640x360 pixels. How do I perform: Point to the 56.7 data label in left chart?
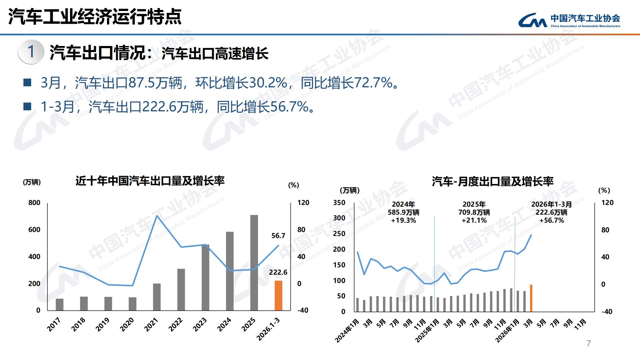coord(278,236)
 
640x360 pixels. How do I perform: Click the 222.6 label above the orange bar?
coord(278,272)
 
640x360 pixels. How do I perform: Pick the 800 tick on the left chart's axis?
coord(34,203)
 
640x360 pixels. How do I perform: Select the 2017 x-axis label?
coord(54,324)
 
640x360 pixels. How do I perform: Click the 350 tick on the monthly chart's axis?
coord(339,203)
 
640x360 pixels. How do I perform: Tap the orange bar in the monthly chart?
coord(531,298)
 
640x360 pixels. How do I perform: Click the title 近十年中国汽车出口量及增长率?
coord(150,181)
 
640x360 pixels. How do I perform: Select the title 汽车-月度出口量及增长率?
coord(492,182)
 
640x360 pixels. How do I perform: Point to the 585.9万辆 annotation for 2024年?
coord(403,212)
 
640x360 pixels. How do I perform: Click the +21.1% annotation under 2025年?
coord(474,220)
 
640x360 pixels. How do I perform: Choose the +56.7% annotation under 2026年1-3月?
coord(552,220)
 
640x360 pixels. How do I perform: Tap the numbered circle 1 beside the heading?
coord(31,52)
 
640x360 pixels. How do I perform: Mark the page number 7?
coord(589,343)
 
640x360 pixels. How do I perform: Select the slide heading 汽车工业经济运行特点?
coord(95,17)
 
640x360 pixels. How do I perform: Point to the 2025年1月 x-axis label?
coord(427,330)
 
